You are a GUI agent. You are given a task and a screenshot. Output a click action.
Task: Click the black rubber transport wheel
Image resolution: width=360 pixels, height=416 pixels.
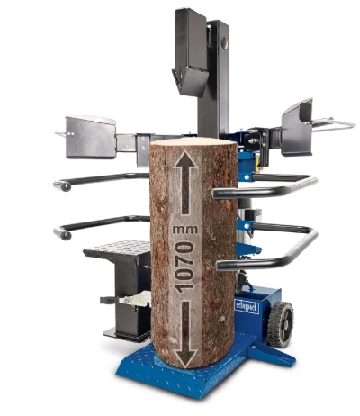[283, 321]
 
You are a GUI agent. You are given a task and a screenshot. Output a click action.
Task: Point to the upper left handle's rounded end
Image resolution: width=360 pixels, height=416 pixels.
[61, 185]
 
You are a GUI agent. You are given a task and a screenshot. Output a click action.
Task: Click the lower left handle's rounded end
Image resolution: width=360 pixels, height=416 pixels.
[61, 234]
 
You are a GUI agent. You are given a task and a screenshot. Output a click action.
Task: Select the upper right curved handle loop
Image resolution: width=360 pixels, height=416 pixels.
[270, 186]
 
